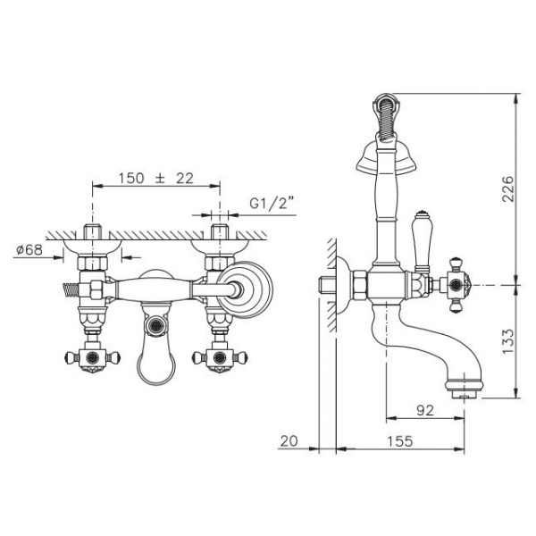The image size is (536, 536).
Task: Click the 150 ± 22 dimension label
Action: tap(155, 178)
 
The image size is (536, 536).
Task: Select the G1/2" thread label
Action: tap(272, 203)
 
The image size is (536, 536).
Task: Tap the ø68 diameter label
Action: tap(29, 250)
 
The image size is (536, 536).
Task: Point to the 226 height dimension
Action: tap(507, 189)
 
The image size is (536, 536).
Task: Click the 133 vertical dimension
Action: tap(507, 341)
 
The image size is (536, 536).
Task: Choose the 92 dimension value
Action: tap(425, 410)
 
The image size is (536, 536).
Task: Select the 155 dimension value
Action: tap(400, 441)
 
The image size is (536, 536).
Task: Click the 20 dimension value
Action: tap(289, 441)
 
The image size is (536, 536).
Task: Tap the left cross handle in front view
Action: tap(92, 358)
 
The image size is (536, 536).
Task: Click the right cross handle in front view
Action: tap(220, 358)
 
